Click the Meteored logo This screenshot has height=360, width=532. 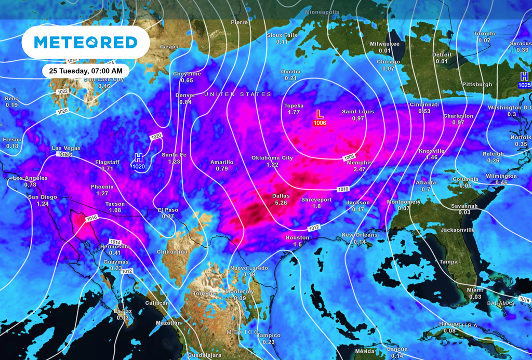tap(86, 43)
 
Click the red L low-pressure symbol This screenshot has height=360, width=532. tap(320, 113)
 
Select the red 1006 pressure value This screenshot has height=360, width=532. tap(320, 123)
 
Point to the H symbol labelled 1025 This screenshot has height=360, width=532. tap(525, 76)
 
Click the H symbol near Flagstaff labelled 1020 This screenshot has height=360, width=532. tap(138, 157)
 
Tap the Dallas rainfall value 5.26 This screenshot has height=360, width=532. tap(281, 203)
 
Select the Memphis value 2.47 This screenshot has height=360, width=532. tap(360, 169)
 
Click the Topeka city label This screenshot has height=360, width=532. tap(294, 105)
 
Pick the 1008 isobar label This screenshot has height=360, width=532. tap(349, 157)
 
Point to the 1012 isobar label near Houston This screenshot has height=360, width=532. tap(314, 228)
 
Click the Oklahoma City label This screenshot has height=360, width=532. tap(272, 158)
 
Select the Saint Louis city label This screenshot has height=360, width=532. tap(357, 112)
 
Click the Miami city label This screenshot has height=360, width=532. tap(475, 290)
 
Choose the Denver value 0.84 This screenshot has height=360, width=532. tap(185, 102)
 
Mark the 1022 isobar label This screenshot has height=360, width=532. tap(63, 91)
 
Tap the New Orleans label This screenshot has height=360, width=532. tap(360, 235)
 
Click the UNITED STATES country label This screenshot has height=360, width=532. tap(237, 94)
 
